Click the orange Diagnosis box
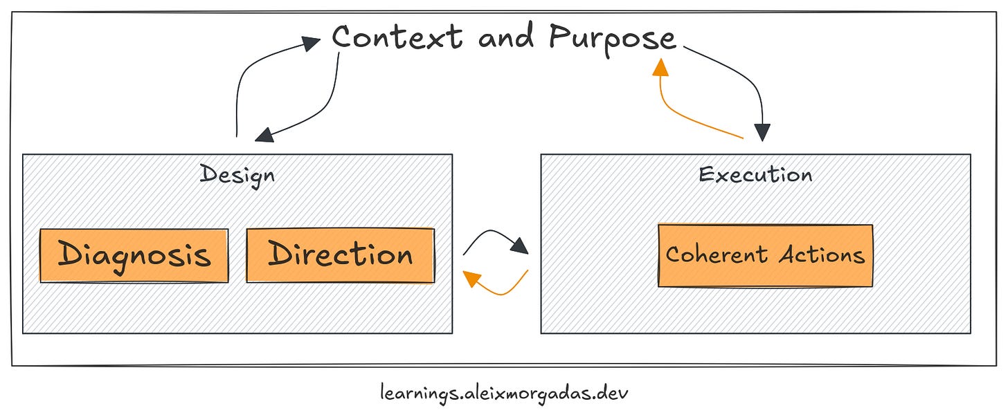134,256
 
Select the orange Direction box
340,256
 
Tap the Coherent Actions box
765,256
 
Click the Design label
237,174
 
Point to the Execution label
755,174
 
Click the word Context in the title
397,37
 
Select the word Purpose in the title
612,37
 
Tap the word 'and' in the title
505,37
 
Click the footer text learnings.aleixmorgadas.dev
505,393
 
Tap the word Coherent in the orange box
717,254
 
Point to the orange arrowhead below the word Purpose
661,66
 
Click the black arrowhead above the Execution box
762,132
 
